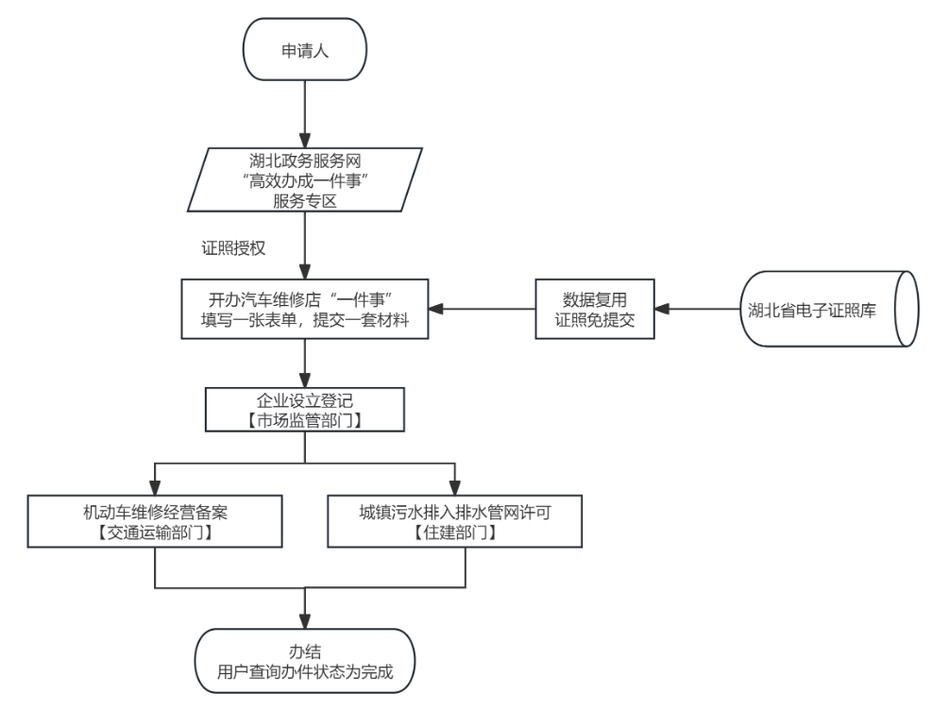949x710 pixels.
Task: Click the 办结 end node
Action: point(304,662)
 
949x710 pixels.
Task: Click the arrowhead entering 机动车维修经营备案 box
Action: point(155,488)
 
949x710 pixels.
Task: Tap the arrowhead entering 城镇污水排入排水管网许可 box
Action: point(454,488)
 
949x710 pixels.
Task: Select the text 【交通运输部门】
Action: point(155,532)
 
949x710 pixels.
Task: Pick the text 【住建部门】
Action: point(454,532)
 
